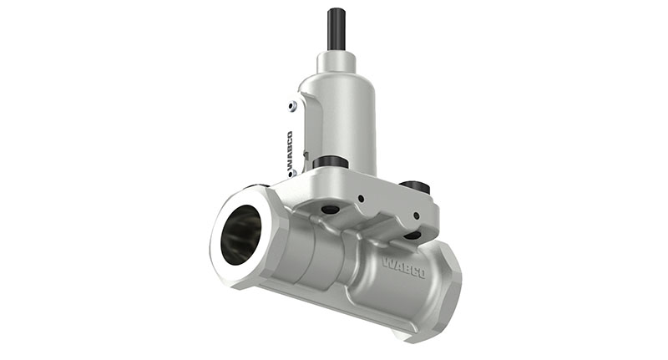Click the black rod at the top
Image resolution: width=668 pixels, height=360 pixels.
click(337, 29)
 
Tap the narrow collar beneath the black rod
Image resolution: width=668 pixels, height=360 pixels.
click(337, 62)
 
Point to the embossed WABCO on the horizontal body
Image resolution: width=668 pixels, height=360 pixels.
click(403, 267)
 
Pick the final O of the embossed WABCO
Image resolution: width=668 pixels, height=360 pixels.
click(420, 273)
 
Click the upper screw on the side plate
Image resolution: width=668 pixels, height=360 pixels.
click(291, 106)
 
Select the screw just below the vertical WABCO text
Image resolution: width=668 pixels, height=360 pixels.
click(291, 175)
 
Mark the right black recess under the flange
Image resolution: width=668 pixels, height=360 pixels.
click(412, 235)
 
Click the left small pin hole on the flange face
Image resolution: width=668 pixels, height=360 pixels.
click(362, 198)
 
